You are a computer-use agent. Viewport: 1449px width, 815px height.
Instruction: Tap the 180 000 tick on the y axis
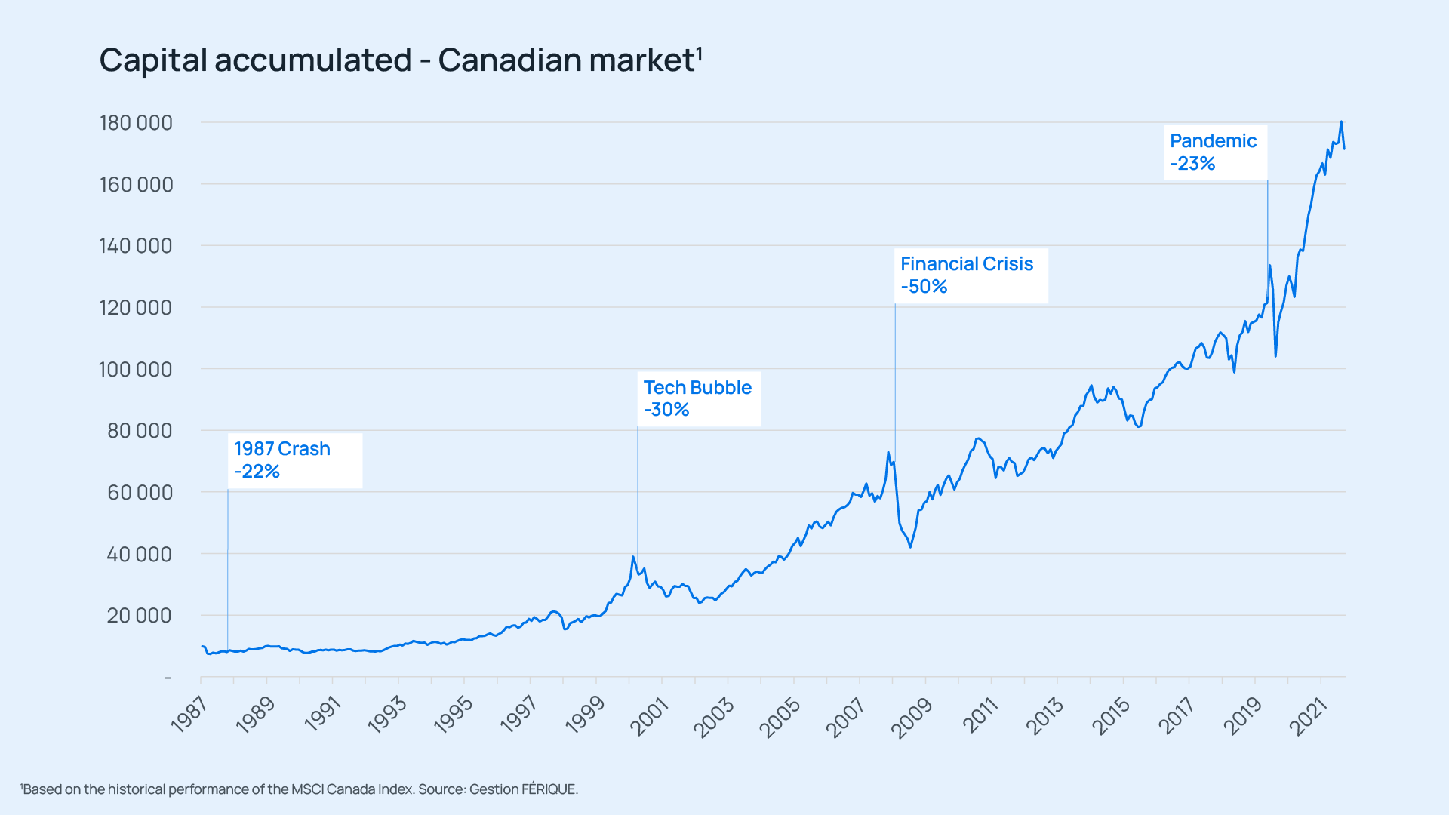(136, 123)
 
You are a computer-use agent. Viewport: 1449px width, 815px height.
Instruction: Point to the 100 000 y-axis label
(136, 370)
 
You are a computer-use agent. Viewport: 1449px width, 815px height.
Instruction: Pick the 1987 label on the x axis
(189, 715)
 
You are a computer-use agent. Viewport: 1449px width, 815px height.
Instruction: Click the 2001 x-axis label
(650, 716)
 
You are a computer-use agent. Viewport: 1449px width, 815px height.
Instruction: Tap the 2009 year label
(912, 716)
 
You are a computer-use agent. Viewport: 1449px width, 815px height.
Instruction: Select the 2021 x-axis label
(1309, 716)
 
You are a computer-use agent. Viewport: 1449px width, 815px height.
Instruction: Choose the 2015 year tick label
(1111, 716)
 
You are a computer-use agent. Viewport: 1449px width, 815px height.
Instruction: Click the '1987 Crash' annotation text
(282, 449)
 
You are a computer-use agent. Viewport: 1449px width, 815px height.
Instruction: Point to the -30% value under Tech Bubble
(666, 410)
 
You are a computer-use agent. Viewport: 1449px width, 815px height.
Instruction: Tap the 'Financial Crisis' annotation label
(967, 264)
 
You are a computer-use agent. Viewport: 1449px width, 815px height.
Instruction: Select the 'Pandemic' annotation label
(1213, 141)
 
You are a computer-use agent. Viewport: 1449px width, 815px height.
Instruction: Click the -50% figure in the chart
(924, 287)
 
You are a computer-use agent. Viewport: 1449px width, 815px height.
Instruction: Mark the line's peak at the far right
(1341, 121)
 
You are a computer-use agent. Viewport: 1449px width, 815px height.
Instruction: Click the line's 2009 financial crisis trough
(911, 546)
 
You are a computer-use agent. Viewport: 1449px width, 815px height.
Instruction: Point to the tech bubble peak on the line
(633, 557)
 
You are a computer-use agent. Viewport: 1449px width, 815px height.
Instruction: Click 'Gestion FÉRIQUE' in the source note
(523, 789)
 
